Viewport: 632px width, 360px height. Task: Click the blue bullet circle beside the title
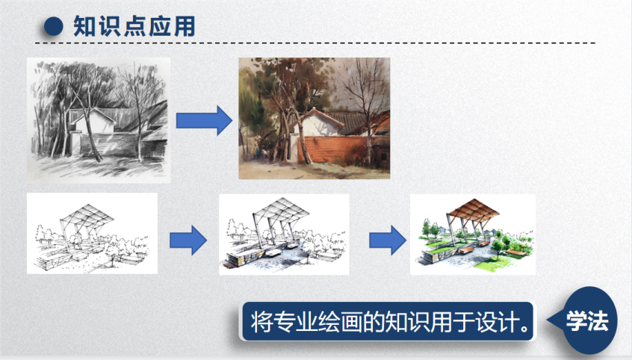(x=54, y=26)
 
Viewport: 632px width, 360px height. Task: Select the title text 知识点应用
(x=134, y=27)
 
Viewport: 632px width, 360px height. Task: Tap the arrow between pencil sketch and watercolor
(x=204, y=120)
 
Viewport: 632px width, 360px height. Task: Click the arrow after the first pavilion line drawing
(x=188, y=240)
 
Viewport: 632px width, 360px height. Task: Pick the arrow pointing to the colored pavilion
(x=388, y=240)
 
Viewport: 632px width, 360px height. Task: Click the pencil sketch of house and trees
(x=99, y=120)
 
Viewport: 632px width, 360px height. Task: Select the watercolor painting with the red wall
(x=315, y=118)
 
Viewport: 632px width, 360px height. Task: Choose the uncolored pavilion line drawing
(x=92, y=234)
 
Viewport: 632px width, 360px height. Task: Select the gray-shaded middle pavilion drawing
(x=284, y=235)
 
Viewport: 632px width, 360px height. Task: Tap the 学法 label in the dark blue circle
(x=587, y=321)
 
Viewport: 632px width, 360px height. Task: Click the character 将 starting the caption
(x=261, y=322)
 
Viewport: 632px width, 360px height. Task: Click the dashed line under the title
(x=315, y=43)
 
